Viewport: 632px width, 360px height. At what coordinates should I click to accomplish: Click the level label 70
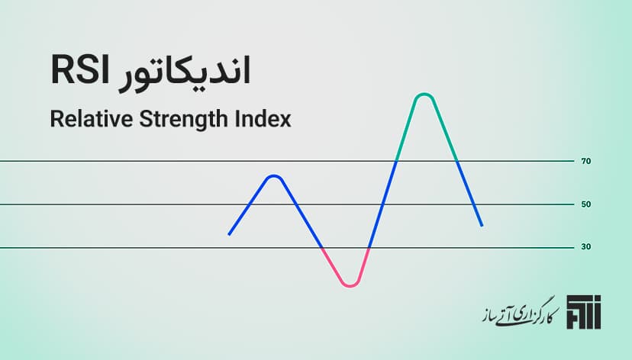pyautogui.click(x=586, y=162)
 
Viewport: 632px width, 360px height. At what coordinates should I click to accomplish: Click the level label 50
pyautogui.click(x=586, y=204)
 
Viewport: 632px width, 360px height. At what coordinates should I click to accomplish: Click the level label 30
pyautogui.click(x=586, y=247)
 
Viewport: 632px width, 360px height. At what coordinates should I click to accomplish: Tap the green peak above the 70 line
pyautogui.click(x=424, y=95)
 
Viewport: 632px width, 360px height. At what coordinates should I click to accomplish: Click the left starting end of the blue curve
pyautogui.click(x=229, y=234)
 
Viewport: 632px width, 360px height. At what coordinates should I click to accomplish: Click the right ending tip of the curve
pyautogui.click(x=482, y=225)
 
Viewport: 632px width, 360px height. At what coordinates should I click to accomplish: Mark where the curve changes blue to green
pyautogui.click(x=397, y=160)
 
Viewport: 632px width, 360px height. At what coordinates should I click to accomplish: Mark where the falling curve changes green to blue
pyautogui.click(x=456, y=161)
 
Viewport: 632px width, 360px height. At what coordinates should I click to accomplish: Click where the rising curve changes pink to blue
pyautogui.click(x=369, y=248)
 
